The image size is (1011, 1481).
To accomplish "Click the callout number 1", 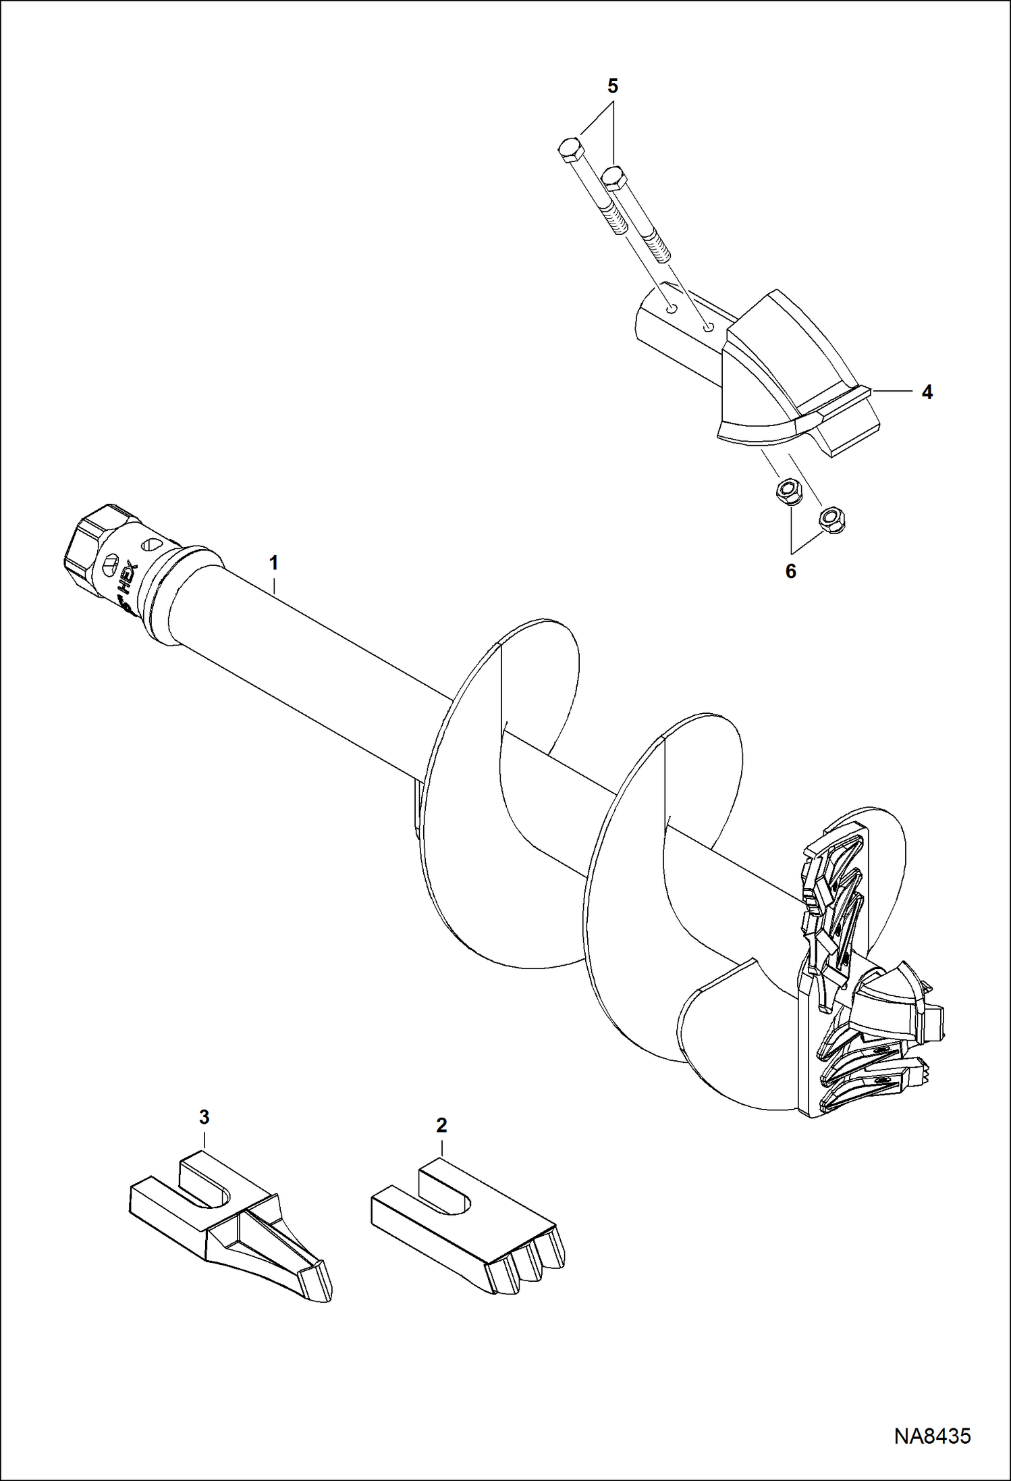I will (x=273, y=562).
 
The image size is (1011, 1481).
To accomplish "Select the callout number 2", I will (x=441, y=1125).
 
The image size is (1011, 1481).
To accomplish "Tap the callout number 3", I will (x=204, y=1116).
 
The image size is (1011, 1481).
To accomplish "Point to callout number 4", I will (x=927, y=392).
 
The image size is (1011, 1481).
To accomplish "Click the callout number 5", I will (x=612, y=86).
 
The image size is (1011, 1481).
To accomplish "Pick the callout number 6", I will (x=790, y=571).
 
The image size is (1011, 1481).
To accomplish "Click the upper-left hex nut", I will (x=786, y=489).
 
